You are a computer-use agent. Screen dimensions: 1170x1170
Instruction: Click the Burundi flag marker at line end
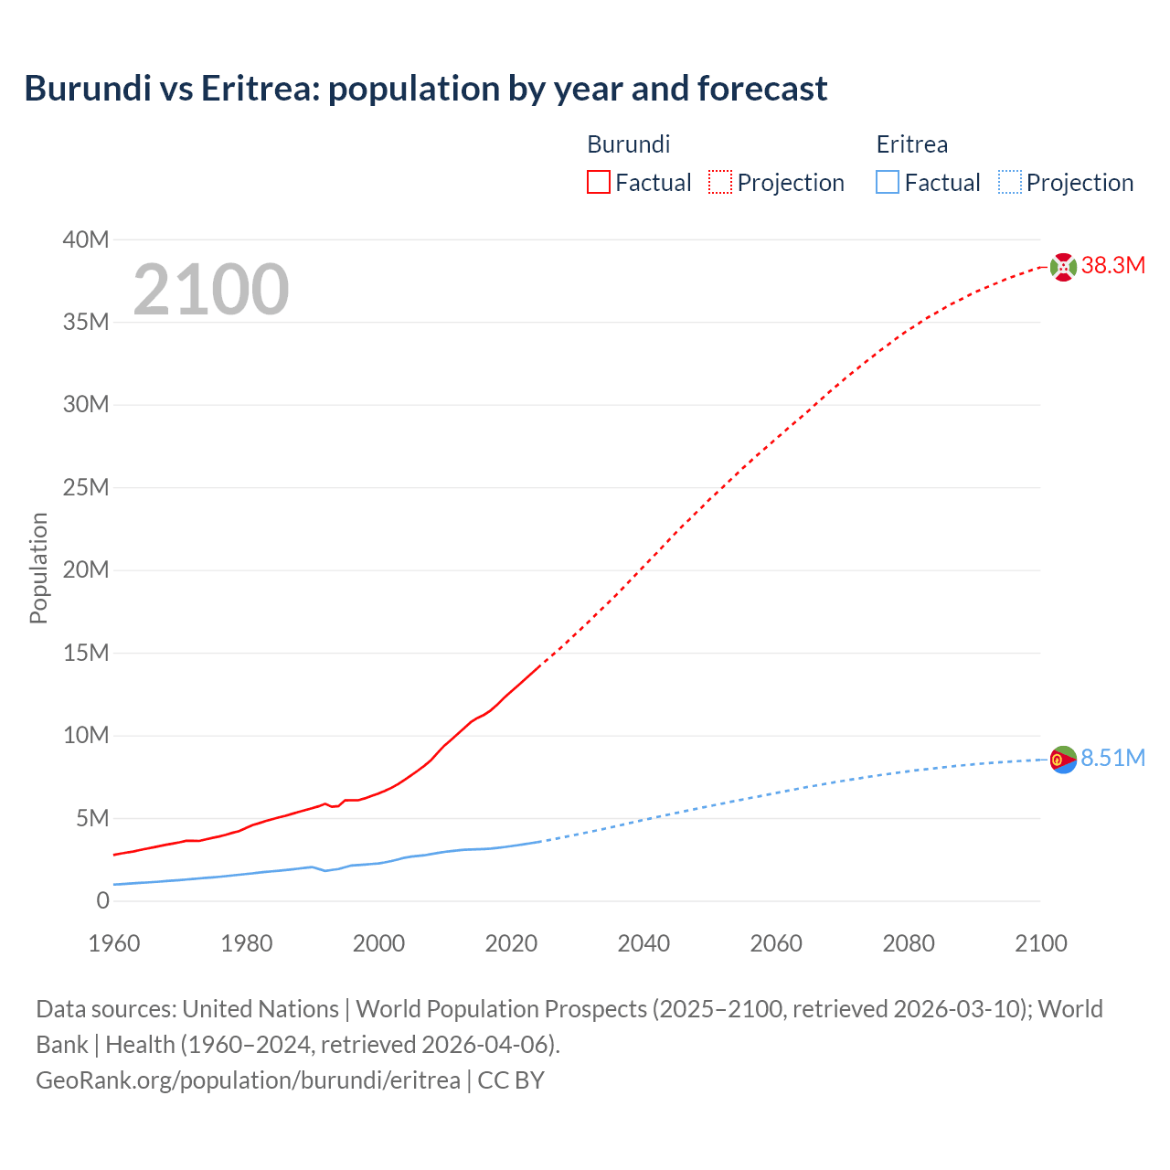click(1063, 267)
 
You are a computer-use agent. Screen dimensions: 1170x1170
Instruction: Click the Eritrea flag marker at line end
click(1063, 759)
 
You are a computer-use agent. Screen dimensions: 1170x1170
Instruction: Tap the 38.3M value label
click(1112, 266)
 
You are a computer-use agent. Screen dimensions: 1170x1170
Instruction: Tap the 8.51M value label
click(1112, 758)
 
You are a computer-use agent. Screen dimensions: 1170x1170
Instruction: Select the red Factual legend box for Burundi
click(598, 182)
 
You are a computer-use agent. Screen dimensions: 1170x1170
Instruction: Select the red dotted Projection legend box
click(720, 182)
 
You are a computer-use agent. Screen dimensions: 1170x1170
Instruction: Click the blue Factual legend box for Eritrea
click(887, 182)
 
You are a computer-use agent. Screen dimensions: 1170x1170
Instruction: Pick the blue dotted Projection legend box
click(1009, 182)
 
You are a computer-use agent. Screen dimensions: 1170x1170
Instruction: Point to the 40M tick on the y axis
click(86, 239)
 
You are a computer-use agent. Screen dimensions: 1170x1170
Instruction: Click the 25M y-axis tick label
click(86, 487)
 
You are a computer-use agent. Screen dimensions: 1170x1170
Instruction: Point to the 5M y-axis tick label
click(92, 818)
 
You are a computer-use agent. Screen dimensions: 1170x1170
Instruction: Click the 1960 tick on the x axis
click(114, 943)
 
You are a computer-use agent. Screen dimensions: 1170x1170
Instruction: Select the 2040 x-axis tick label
click(643, 943)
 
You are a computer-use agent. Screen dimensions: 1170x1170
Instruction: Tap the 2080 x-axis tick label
click(909, 943)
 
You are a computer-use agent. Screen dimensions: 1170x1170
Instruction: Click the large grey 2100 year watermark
click(211, 290)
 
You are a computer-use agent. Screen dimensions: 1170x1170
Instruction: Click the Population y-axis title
click(38, 568)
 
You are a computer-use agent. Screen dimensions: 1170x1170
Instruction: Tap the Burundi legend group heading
click(628, 144)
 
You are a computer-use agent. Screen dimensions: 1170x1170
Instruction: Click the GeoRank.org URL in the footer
click(248, 1080)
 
